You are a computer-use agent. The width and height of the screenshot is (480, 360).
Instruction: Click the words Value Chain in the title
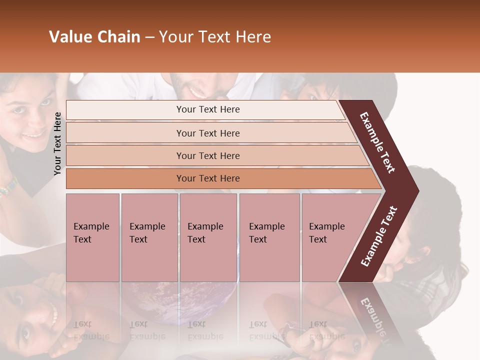(x=94, y=37)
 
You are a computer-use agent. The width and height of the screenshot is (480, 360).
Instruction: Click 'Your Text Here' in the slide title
(x=215, y=37)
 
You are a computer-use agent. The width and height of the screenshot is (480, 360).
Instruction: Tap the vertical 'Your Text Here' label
(x=57, y=143)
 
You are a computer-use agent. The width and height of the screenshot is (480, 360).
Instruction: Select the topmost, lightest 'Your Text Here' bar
(x=207, y=109)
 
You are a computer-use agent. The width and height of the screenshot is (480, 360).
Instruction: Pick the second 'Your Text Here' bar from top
(x=207, y=133)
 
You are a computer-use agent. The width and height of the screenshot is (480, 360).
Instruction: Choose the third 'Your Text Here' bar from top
(x=207, y=155)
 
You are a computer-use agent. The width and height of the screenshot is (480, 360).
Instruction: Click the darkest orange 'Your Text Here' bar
(x=207, y=178)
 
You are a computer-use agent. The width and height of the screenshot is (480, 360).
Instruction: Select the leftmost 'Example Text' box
(x=92, y=237)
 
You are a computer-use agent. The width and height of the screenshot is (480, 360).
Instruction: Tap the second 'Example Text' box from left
(x=149, y=237)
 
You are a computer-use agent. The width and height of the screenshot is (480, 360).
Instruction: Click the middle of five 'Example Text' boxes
(x=208, y=237)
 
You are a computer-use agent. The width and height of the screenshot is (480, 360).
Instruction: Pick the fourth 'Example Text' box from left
(x=269, y=237)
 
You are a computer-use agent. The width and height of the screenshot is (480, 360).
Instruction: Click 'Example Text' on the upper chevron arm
(x=377, y=142)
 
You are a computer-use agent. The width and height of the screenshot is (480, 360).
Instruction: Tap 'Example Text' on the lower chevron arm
(x=379, y=236)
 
